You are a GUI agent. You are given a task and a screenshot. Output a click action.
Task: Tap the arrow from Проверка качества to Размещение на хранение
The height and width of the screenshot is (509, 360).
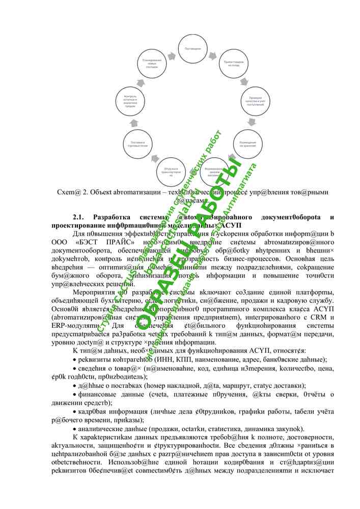click(x=251, y=123)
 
